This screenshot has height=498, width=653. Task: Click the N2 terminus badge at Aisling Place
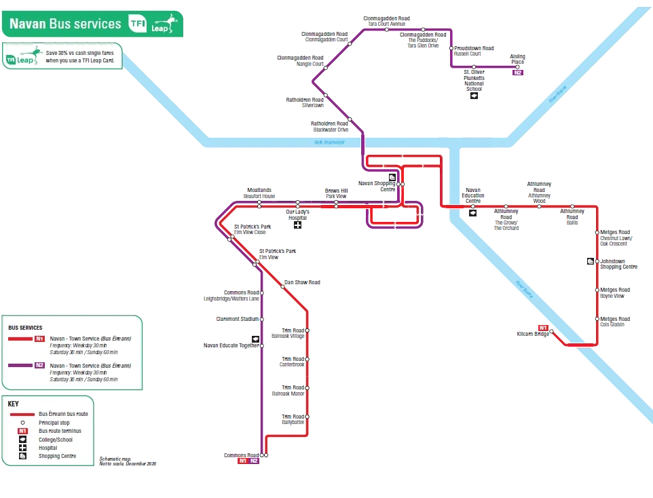point(518,73)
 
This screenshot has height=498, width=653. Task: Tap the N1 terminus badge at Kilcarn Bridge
point(542,326)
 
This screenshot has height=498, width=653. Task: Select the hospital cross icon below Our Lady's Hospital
point(297,225)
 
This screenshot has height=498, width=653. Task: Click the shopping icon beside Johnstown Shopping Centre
point(591,262)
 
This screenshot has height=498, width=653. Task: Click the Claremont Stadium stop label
point(237,318)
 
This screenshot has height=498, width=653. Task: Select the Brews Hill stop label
point(335,194)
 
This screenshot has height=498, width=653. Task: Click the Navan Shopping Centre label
point(377,186)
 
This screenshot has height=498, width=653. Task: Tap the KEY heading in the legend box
point(14,404)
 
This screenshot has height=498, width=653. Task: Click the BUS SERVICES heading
point(25,328)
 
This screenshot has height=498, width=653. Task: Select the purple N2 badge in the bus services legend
point(39,366)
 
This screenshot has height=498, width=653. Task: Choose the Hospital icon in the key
point(22,448)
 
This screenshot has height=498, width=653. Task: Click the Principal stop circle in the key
point(22,423)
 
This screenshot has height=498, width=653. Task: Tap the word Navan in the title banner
point(26,24)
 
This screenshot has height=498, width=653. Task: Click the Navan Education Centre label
point(474,196)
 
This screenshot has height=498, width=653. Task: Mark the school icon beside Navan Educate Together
point(255,339)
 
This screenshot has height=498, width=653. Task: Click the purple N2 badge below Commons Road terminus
point(254,461)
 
